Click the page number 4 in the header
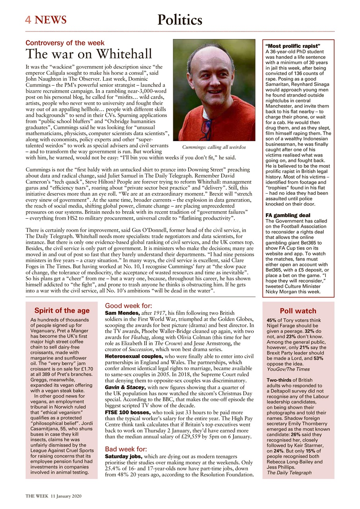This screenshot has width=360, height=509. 28,19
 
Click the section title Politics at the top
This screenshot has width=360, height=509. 180,19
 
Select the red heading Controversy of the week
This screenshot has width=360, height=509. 65,43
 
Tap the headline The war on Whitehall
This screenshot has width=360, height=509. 89,54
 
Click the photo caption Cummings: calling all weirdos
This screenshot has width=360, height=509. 214,148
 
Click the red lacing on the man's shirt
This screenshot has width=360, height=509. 205,127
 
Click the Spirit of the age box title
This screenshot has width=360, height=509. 62,311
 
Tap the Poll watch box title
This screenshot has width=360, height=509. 298,311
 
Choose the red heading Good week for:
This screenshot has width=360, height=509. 128,306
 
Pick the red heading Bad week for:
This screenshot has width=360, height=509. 127,449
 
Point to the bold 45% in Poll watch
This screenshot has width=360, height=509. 272,321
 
